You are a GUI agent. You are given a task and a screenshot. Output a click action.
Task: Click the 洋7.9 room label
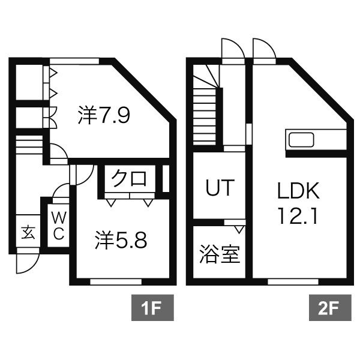coord(103,115)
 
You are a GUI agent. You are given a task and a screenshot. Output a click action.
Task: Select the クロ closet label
coord(130,178)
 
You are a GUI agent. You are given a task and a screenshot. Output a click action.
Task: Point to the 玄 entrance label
coord(28,232)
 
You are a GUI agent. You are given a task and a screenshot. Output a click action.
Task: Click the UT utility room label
coord(219,188)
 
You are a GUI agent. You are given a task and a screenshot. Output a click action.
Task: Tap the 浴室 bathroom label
coord(219,254)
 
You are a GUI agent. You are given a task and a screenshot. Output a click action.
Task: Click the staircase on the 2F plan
coord(205,108)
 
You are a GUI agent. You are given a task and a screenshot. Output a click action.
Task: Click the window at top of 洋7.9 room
coord(74,60)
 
